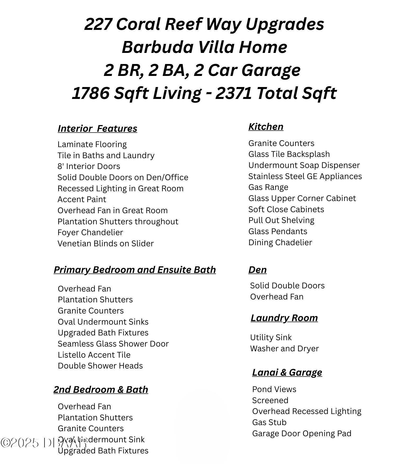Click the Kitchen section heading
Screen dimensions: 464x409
point(266,127)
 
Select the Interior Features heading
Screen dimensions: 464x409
point(97,129)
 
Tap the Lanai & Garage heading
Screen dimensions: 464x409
point(287,372)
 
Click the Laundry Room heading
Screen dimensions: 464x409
point(284,318)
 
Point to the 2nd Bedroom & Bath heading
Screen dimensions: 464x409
point(101,390)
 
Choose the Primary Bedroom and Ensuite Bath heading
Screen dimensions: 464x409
point(135,270)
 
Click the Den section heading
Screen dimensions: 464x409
point(257,270)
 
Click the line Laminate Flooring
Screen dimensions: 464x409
point(92,144)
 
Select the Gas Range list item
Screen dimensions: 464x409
point(268,187)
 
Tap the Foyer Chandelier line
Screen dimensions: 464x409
point(90,233)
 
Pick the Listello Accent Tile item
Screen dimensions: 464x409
point(94,355)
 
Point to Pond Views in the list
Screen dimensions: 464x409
point(274,389)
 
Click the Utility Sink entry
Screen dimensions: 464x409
point(271,338)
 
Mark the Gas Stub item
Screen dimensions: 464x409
point(269,422)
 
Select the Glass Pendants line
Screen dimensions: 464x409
point(278,231)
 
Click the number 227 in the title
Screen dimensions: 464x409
point(98,24)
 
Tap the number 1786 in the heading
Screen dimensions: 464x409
point(91,93)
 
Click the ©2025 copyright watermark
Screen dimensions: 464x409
point(20,443)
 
